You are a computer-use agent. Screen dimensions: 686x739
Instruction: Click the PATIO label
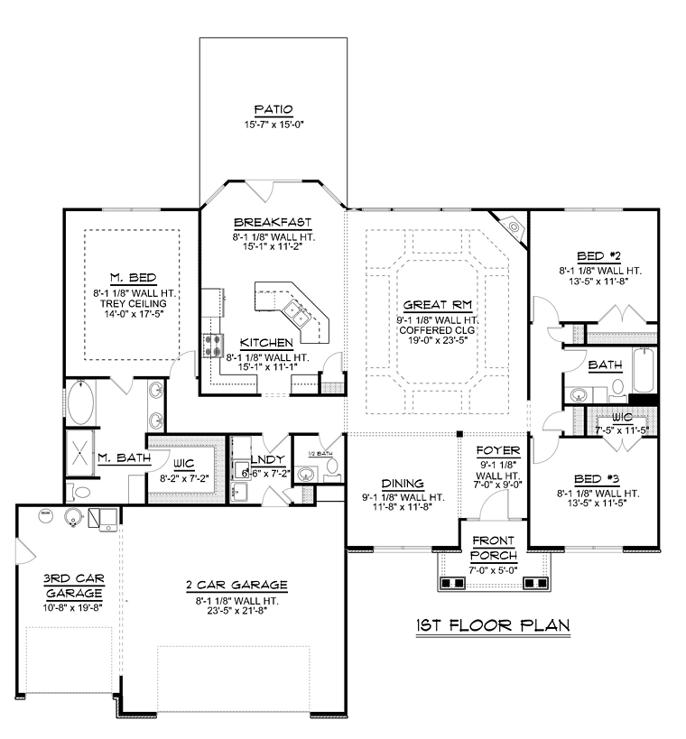click(273, 109)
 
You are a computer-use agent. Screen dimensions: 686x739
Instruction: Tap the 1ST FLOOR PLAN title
click(493, 625)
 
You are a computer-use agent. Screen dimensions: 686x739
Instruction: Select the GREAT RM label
click(438, 305)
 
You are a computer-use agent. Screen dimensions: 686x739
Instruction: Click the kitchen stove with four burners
click(212, 345)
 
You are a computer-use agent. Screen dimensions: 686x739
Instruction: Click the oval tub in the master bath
click(80, 403)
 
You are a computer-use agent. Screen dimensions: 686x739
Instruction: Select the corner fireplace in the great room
click(511, 227)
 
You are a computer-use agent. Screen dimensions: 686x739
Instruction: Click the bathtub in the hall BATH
click(644, 371)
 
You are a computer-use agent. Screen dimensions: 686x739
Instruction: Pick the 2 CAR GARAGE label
click(236, 586)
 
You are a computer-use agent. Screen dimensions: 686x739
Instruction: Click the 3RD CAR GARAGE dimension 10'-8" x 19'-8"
click(72, 608)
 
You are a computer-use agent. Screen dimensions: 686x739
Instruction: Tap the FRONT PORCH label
click(494, 548)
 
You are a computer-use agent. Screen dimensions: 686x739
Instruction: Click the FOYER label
click(498, 450)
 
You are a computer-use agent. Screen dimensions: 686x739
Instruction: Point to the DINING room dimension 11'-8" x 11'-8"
click(403, 507)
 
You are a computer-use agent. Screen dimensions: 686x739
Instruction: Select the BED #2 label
click(598, 256)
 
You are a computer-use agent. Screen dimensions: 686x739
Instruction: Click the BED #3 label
click(597, 479)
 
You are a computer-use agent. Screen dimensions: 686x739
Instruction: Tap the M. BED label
click(133, 278)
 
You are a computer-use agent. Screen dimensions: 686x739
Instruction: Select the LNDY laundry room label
click(268, 459)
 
